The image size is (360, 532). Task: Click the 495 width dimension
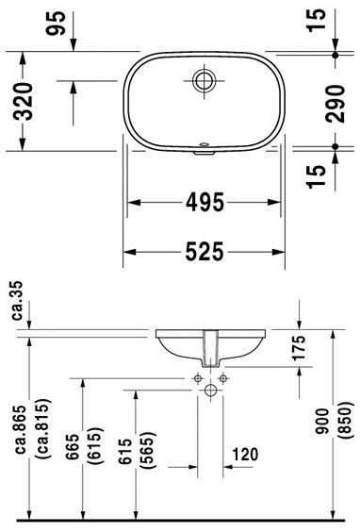point(206,202)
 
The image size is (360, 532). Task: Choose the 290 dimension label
point(319,103)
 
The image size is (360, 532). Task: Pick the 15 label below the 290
point(319,171)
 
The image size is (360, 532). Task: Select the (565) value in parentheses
point(149,455)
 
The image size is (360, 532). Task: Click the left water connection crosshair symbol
point(198,378)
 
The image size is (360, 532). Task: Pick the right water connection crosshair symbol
point(223,378)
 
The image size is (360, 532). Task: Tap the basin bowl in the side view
point(210,346)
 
